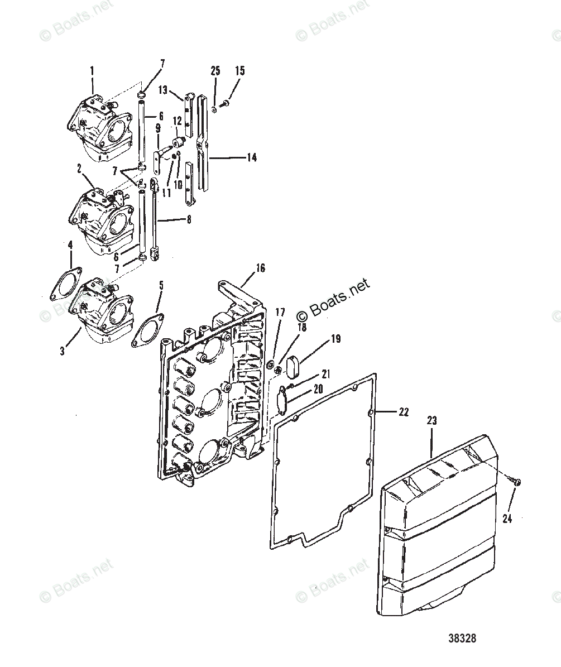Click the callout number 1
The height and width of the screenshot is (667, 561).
pyautogui.click(x=92, y=71)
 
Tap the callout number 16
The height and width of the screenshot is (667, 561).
pyautogui.click(x=260, y=267)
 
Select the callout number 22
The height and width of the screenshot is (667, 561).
pyautogui.click(x=404, y=412)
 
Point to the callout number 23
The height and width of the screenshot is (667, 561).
pyautogui.click(x=431, y=420)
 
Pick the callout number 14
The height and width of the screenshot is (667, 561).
pyautogui.click(x=252, y=157)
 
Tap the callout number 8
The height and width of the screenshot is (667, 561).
pyautogui.click(x=189, y=219)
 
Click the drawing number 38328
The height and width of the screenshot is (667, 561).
pyautogui.click(x=462, y=638)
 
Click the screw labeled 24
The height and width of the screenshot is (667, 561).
pyautogui.click(x=516, y=482)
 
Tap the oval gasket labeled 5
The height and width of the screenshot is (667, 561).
pyautogui.click(x=147, y=330)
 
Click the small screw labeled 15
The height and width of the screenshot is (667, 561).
pyautogui.click(x=226, y=103)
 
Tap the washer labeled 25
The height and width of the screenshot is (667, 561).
pyautogui.click(x=214, y=109)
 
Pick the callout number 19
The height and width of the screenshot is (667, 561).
pyautogui.click(x=335, y=339)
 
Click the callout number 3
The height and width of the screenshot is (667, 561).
pyautogui.click(x=62, y=351)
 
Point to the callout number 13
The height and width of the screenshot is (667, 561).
pyautogui.click(x=163, y=90)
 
